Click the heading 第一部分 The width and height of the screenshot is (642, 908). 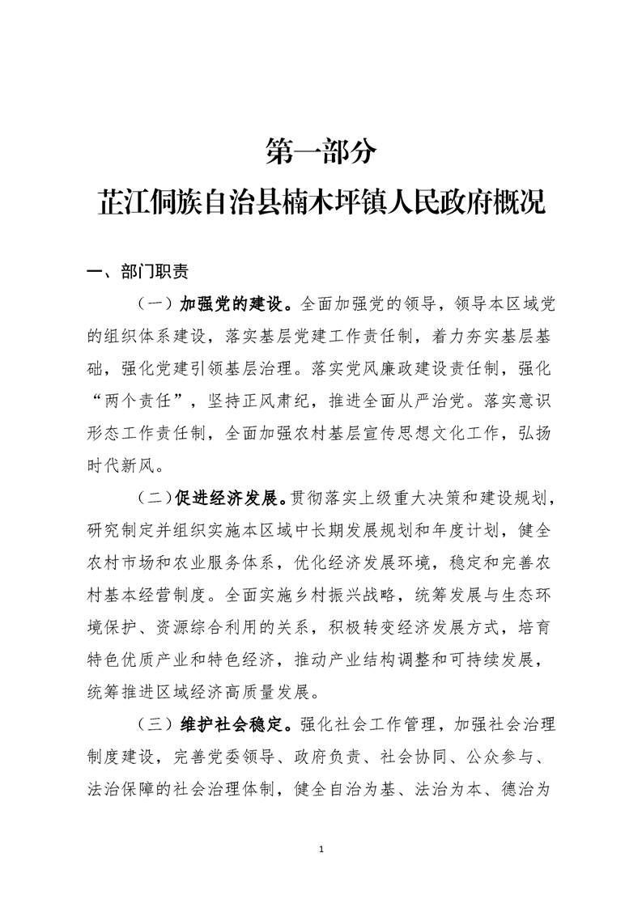321,151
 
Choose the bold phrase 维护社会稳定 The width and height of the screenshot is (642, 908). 234,723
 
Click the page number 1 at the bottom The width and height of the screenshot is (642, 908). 321,849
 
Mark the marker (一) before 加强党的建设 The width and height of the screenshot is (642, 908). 154,305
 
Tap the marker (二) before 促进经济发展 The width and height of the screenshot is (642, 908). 154,496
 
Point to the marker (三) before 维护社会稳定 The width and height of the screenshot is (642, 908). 154,723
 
